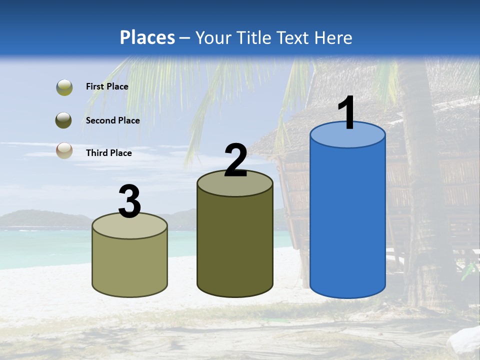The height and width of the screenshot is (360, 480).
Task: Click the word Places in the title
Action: [147, 37]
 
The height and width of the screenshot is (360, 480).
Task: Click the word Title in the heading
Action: [253, 37]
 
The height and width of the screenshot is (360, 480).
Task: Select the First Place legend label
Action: [107, 86]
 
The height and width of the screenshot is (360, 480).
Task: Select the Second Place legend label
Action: [112, 120]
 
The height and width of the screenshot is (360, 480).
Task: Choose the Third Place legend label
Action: [108, 153]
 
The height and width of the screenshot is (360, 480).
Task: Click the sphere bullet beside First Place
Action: [64, 87]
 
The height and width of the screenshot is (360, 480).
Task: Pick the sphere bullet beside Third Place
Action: [64, 151]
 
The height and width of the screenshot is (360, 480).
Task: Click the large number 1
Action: [346, 113]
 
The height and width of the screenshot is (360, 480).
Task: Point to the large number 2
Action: [235, 161]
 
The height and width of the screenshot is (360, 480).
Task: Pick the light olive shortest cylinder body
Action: [130, 265]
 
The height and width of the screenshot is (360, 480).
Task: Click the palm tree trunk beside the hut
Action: [417, 200]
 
